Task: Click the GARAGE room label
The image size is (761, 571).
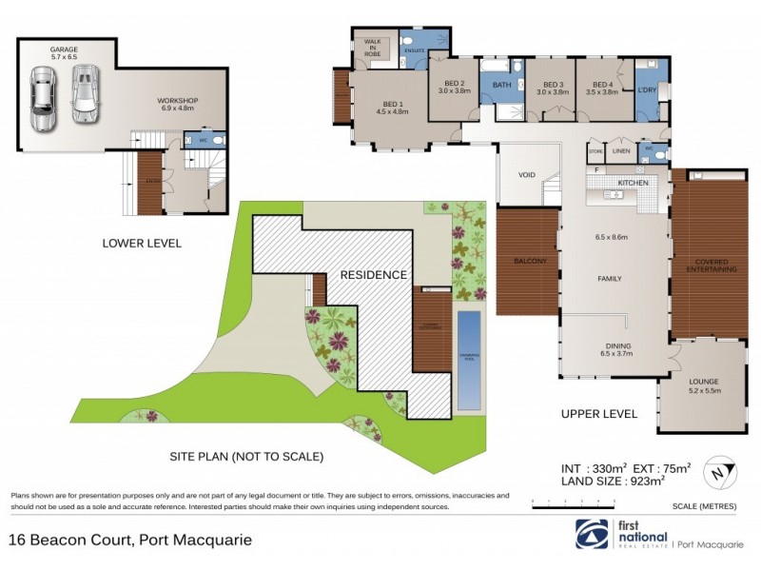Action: tap(64, 49)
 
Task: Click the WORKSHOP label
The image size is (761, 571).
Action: tap(177, 100)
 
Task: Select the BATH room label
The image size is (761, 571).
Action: tap(501, 86)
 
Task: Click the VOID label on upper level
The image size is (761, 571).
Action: tap(527, 175)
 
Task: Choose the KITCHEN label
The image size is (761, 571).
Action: tap(633, 182)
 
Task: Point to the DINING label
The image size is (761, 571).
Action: tap(618, 346)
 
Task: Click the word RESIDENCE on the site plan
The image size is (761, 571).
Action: tap(374, 274)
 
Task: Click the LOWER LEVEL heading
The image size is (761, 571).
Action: tap(141, 244)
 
